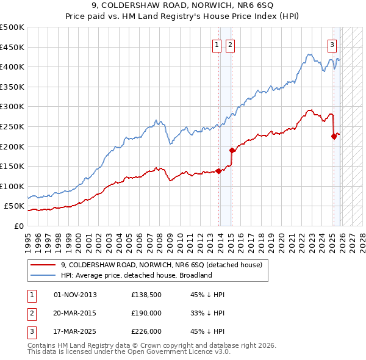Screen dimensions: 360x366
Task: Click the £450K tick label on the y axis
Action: point(12,47)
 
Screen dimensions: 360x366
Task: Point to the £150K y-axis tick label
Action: point(12,166)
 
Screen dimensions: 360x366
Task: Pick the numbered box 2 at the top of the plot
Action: point(230,44)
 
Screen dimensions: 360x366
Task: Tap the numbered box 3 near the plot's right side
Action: point(332,44)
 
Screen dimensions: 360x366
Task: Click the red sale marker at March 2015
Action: point(232,150)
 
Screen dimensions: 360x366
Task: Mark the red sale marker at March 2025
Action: point(334,136)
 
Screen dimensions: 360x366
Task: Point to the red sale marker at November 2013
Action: point(218,171)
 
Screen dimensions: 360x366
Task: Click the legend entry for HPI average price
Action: point(136,275)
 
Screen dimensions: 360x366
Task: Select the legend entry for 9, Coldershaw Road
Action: point(161,265)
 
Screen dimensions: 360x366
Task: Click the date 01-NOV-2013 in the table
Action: point(75,295)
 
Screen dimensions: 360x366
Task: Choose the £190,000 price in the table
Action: point(146,313)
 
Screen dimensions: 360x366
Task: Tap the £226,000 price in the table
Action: point(146,331)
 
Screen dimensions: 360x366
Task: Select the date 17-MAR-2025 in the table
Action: point(75,331)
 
